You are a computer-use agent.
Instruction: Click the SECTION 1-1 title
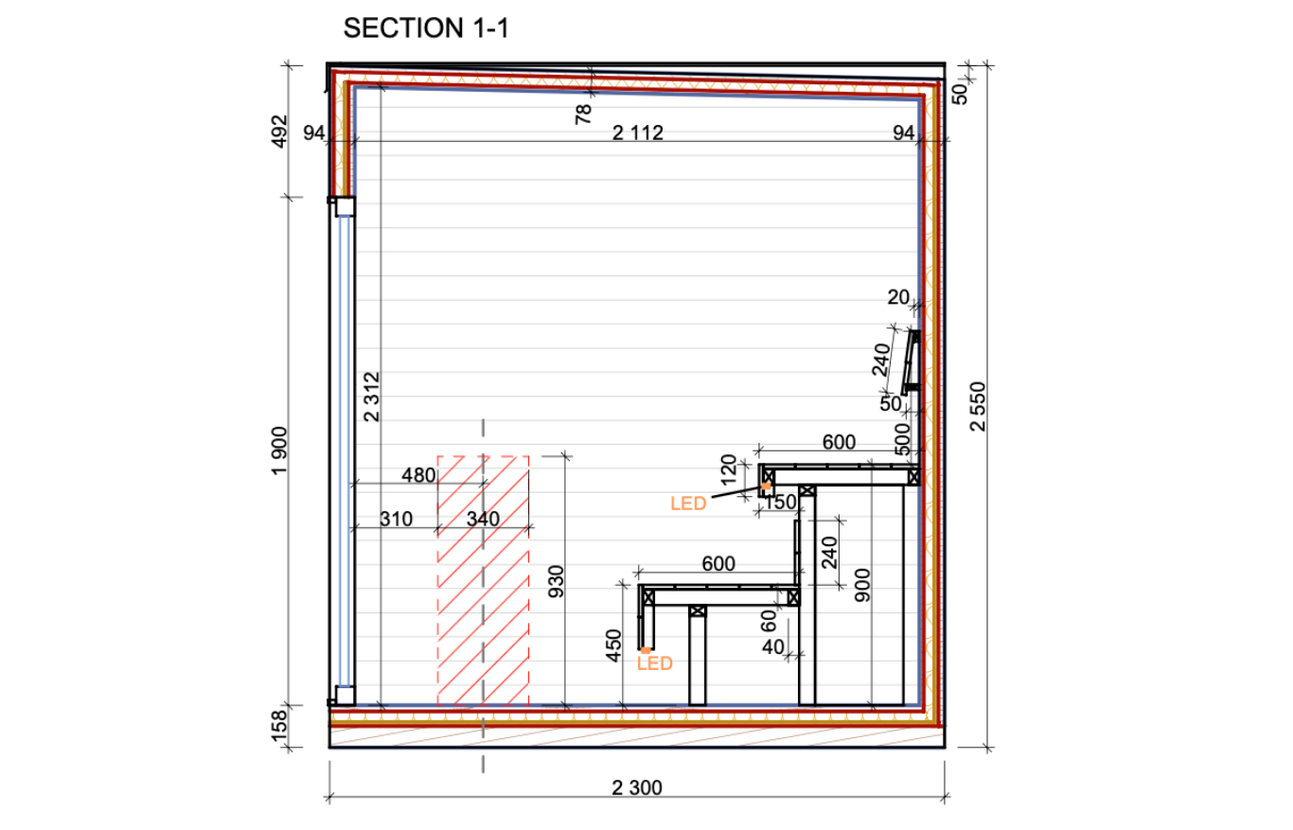[x=426, y=28]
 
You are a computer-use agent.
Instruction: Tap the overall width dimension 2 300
[x=637, y=787]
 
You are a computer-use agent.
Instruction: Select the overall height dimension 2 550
[x=979, y=406]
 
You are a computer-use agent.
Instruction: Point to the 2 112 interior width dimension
[x=637, y=133]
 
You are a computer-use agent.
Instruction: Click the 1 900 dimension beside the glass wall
[x=279, y=450]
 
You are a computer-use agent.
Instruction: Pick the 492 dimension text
[x=279, y=132]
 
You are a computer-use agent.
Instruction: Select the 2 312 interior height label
[x=372, y=397]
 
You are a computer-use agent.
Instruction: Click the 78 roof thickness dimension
[x=583, y=114]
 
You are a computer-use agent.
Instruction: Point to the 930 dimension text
[x=556, y=581]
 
